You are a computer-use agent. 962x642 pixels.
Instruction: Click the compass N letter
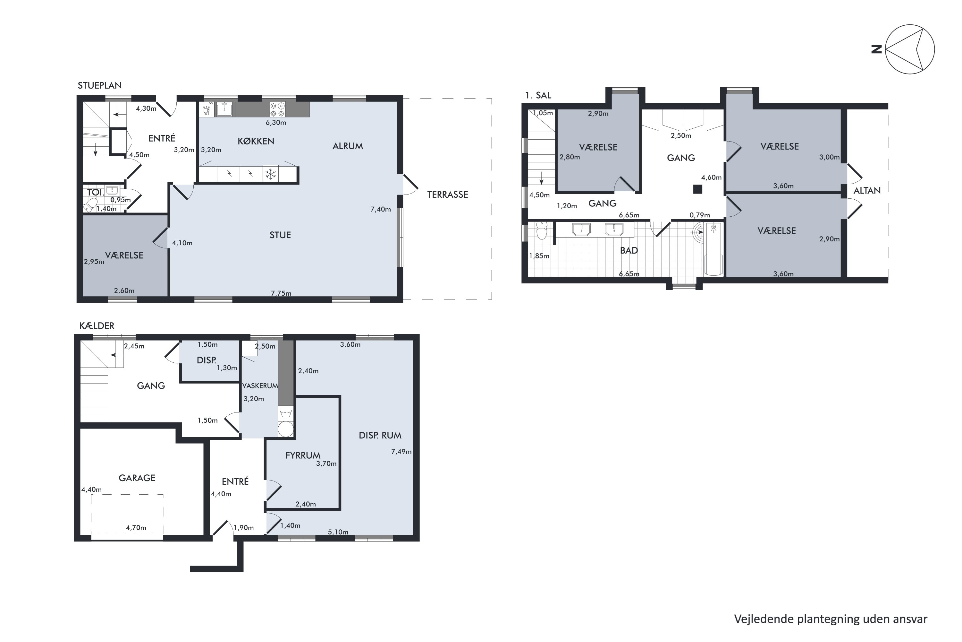click(876, 49)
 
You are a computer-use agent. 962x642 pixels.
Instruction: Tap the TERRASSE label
click(447, 195)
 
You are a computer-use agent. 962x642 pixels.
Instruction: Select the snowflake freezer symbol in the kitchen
click(270, 174)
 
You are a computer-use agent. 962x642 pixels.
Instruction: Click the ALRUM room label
click(348, 146)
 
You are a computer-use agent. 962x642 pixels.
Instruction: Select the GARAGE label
click(137, 478)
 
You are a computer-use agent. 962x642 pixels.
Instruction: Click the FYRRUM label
click(303, 455)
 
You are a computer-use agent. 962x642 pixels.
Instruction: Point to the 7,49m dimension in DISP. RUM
click(401, 452)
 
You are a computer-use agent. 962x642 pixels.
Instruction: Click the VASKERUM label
click(260, 386)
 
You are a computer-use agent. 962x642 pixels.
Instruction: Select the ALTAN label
click(867, 190)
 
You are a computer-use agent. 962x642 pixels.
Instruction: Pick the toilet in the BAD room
click(542, 230)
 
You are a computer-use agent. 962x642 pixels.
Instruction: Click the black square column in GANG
click(697, 189)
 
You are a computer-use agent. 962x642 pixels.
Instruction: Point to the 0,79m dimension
click(700, 215)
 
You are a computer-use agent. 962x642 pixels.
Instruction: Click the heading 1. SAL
click(538, 95)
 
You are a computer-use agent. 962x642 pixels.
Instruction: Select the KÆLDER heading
click(97, 325)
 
